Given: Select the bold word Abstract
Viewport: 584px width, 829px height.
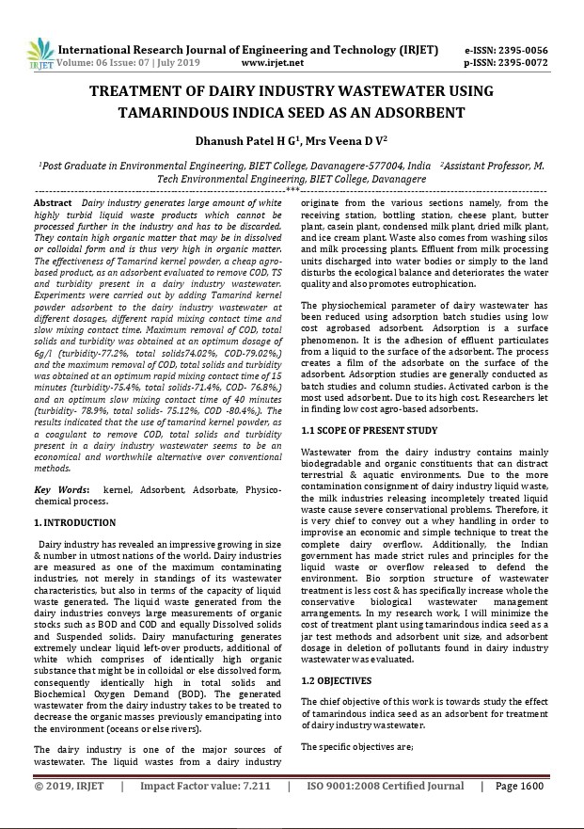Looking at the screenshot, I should (x=53, y=203).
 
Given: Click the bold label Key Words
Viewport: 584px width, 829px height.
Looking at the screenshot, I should (x=62, y=491).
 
